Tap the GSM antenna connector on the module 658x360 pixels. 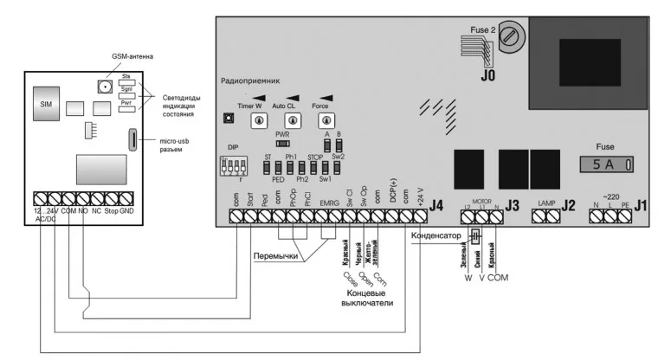click(x=103, y=87)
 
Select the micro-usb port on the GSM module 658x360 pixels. click(x=132, y=139)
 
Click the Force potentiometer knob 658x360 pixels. click(x=326, y=120)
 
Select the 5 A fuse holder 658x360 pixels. click(x=606, y=162)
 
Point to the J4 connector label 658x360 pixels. click(x=437, y=205)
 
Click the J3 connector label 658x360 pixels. click(x=512, y=205)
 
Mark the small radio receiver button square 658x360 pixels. click(x=229, y=118)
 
